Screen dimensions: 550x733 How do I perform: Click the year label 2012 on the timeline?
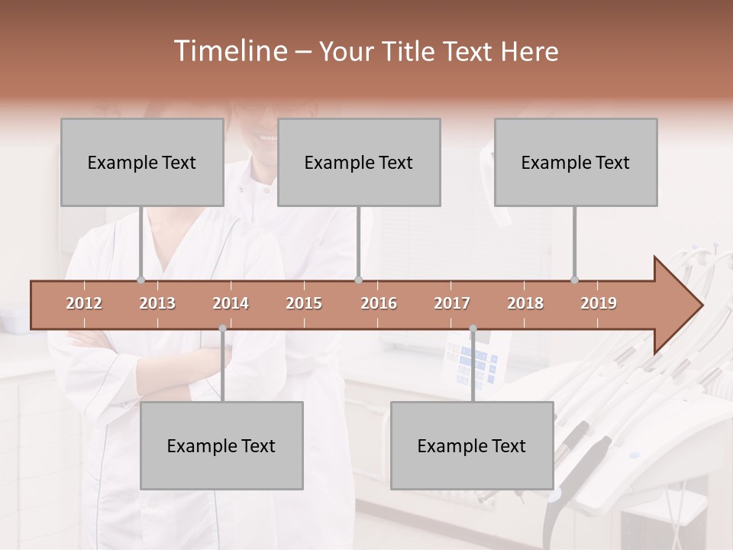tap(84, 303)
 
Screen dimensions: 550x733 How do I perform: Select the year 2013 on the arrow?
tap(157, 303)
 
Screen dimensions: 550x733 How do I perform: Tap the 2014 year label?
tap(231, 303)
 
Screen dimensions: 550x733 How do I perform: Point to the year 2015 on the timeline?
tap(304, 303)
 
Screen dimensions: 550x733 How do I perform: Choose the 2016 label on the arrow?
tap(379, 303)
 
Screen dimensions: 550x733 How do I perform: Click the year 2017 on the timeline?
tap(452, 303)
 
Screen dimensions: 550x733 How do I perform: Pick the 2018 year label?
tap(525, 303)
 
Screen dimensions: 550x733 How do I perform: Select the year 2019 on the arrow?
tap(599, 303)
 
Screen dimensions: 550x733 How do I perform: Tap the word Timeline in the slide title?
tap(229, 51)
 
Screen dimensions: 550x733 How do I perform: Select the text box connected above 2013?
tap(142, 162)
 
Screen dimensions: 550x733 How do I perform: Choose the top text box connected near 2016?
tap(359, 162)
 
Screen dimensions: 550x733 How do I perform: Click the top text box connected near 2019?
tap(576, 162)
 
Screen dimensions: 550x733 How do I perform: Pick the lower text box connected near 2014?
tap(221, 445)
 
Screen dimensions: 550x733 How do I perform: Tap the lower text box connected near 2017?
tap(472, 445)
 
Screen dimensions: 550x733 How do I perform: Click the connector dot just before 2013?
tap(140, 280)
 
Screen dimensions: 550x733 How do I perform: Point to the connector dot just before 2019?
tap(574, 280)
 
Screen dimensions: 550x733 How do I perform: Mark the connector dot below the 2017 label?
tap(473, 328)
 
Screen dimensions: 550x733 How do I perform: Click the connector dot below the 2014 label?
tap(222, 328)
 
